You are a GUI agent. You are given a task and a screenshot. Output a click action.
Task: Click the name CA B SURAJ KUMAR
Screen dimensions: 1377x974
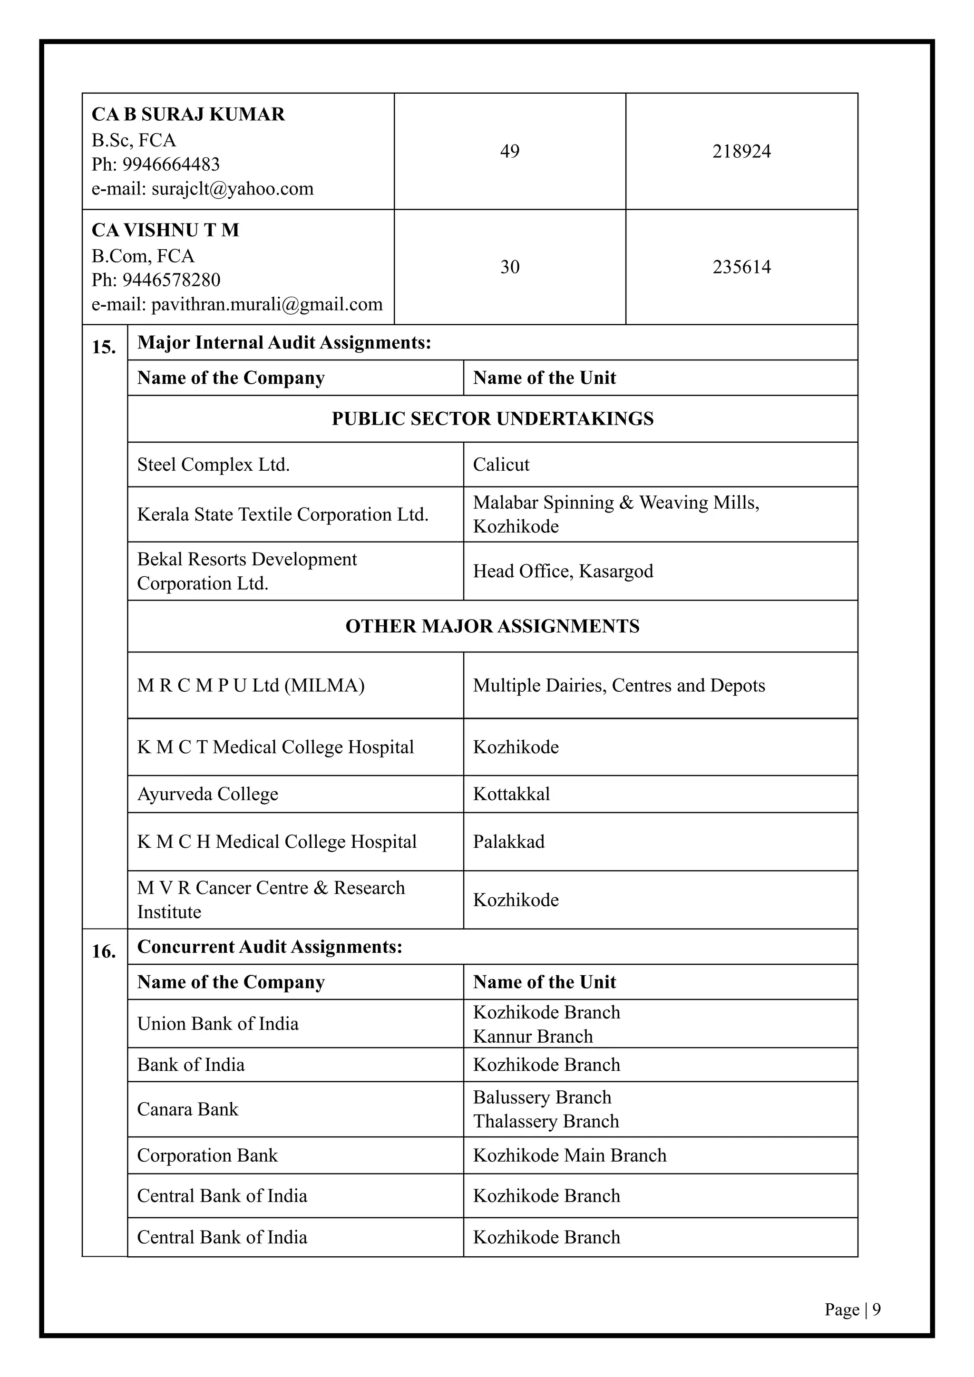coord(188,114)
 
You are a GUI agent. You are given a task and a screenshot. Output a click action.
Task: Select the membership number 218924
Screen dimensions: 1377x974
coord(741,151)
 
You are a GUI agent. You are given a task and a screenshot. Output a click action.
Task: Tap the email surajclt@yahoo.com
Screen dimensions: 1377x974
coord(232,189)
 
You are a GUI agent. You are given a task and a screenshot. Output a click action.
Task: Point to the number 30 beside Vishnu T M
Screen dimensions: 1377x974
coord(509,267)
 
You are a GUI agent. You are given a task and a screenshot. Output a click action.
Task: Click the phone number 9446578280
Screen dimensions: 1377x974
coord(171,280)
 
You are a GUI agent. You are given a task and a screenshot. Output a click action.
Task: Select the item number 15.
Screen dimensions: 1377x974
coord(104,347)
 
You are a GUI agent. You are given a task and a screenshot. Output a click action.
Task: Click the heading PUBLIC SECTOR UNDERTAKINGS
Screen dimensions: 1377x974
coord(492,418)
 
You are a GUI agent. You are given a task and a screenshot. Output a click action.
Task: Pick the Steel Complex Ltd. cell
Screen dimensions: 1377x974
coord(213,465)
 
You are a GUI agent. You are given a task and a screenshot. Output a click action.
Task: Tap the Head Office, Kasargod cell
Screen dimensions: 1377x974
coord(563,571)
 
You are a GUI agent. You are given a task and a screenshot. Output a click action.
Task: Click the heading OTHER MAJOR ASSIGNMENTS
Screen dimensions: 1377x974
coord(492,626)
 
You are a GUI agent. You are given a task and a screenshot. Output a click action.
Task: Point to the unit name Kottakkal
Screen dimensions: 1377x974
coord(511,794)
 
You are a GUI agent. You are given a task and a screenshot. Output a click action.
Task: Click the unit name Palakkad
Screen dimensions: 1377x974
coord(508,842)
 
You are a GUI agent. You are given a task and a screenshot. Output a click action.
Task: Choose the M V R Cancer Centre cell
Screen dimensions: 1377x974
coord(271,900)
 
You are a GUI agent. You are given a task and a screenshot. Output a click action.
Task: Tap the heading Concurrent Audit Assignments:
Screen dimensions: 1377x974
coord(269,946)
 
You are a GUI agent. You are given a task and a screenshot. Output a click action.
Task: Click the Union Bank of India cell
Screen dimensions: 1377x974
coord(218,1023)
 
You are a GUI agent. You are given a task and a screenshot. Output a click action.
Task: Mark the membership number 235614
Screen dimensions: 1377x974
coord(741,267)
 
